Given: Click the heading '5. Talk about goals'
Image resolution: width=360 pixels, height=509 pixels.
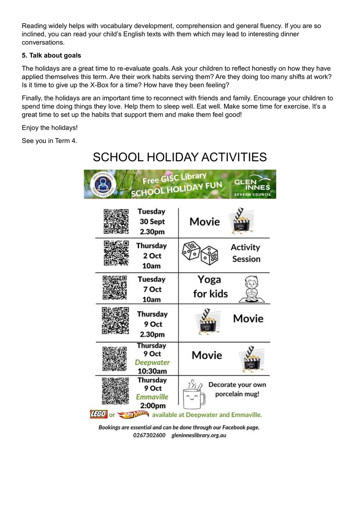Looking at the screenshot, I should coord(51,56).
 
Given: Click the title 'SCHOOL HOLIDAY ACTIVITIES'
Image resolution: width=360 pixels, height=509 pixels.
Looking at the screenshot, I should coord(180,157).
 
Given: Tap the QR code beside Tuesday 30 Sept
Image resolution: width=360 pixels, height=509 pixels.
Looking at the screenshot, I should coord(116,221).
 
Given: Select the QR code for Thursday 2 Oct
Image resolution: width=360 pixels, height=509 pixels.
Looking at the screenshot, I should coord(116,254).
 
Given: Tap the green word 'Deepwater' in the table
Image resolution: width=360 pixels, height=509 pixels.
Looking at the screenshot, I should coord(152,363).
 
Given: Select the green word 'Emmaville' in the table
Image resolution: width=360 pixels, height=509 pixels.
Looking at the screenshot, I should coord(152,397).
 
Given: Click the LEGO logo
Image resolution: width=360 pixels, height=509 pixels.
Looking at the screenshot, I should coord(98,414).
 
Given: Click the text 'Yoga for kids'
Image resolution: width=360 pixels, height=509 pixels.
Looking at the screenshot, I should coord(210,287).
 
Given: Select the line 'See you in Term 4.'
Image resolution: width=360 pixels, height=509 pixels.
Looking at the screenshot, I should coord(49,141).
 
